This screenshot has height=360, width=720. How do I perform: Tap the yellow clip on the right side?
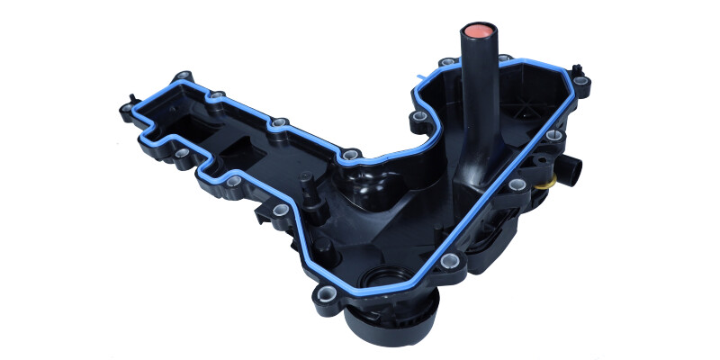[546, 177]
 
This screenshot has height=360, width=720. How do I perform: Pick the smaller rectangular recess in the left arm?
[241, 145]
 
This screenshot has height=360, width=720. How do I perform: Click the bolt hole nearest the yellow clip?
[516, 185]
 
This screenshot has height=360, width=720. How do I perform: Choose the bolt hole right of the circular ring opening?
[448, 265]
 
